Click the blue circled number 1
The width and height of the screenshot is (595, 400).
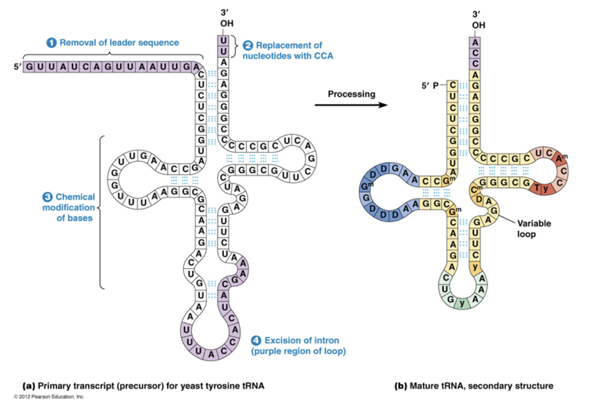tap(51, 43)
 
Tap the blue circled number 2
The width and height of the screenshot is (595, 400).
tap(248, 46)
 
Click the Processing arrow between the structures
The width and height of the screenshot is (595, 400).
tap(351, 105)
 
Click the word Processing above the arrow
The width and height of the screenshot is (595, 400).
tap(351, 94)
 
